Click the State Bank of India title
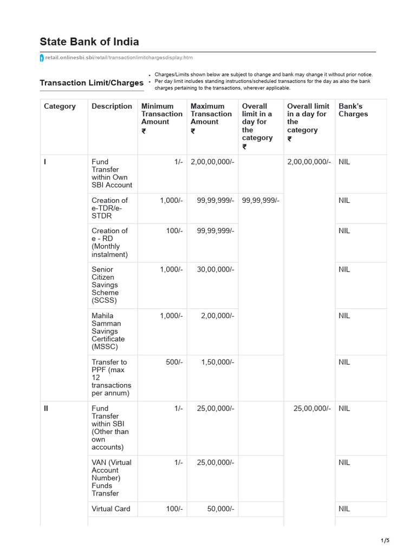[89, 42]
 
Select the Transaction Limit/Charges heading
[92, 83]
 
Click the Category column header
[60, 107]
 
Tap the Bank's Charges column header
[353, 110]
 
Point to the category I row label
[45, 162]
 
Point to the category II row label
[47, 408]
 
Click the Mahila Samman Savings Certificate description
[108, 331]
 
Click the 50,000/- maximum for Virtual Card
[220, 509]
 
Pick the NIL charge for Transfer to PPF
[344, 362]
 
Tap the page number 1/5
[385, 540]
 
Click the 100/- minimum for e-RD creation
[174, 231]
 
